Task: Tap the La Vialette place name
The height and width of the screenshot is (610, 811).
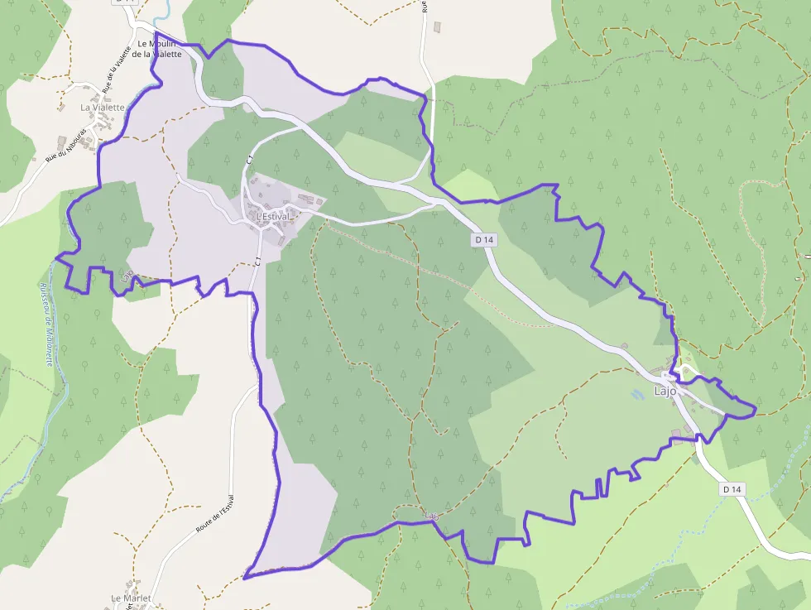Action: click(102, 108)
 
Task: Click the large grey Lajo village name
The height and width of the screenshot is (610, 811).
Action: click(665, 391)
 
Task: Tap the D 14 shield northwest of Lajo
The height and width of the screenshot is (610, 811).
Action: click(485, 239)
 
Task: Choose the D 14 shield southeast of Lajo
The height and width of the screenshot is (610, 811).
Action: click(732, 489)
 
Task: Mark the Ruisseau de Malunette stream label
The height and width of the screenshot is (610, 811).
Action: click(46, 323)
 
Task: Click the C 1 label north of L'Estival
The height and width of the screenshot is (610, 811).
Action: click(249, 157)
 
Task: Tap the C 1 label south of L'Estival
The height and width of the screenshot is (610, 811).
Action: click(258, 261)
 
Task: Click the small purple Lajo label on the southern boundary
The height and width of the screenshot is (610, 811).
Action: click(430, 516)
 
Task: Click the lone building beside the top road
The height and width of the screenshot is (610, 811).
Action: click(437, 26)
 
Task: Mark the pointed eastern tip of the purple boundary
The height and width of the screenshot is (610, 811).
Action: click(756, 407)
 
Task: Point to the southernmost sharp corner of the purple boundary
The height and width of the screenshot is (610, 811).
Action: click(245, 577)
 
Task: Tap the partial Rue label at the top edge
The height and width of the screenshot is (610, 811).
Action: click(423, 5)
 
